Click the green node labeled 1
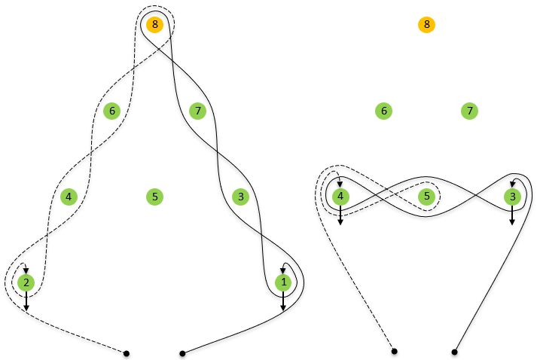(283, 283)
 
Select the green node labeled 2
(26, 283)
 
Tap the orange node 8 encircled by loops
(154, 25)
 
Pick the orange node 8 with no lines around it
(427, 25)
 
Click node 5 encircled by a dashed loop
(426, 197)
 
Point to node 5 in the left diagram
(154, 197)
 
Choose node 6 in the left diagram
(111, 111)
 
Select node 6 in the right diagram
(383, 111)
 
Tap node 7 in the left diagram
(197, 111)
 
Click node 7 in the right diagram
(469, 111)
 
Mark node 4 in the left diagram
(69, 197)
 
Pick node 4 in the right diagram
(340, 197)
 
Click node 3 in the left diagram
(240, 197)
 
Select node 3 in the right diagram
(512, 197)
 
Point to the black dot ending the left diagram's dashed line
(127, 352)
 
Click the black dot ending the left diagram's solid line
(182, 352)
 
